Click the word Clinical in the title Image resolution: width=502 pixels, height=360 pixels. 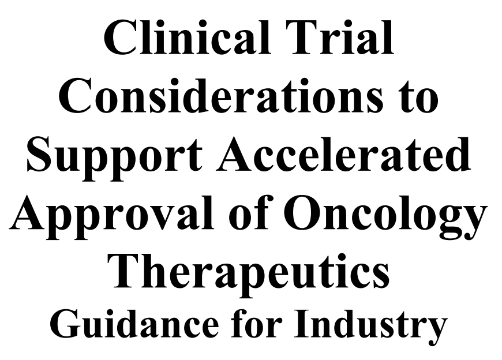pyautogui.click(x=188, y=38)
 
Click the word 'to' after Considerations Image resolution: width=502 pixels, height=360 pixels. pyautogui.click(x=418, y=99)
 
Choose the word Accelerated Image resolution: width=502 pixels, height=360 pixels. pyautogui.click(x=343, y=153)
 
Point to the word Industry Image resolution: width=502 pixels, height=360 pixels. pyautogui.click(x=371, y=327)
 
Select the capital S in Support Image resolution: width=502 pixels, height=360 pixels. pyautogui.click(x=40, y=154)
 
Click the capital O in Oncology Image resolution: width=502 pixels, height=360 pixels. pyautogui.click(x=303, y=212)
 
